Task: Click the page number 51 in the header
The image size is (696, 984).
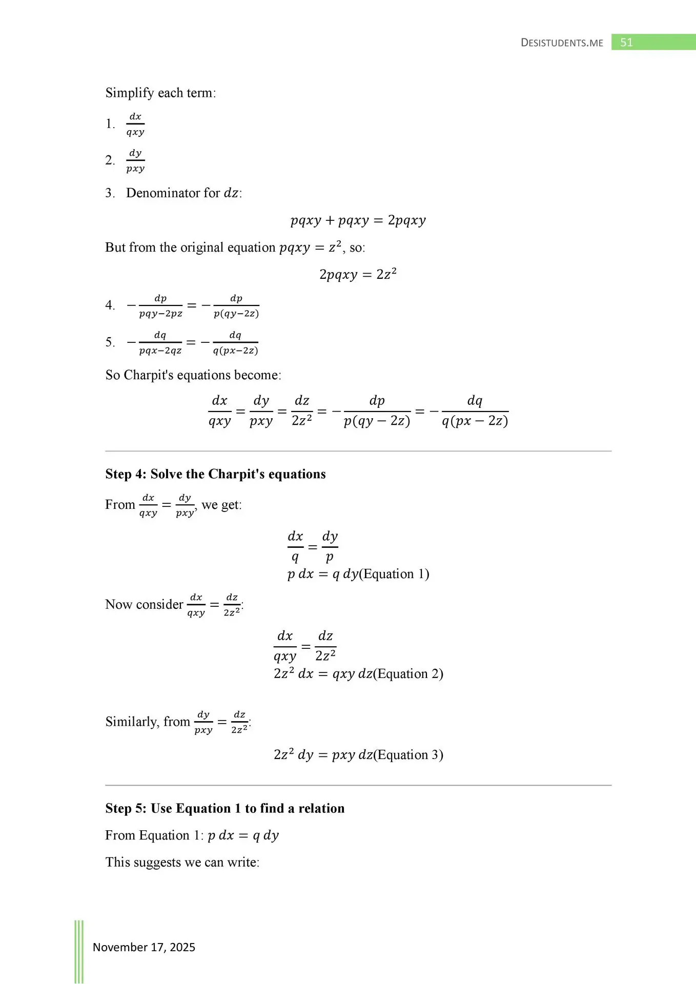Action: click(x=626, y=43)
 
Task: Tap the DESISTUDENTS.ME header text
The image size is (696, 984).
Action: click(x=562, y=43)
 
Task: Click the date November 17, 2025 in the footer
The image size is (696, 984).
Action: click(x=144, y=947)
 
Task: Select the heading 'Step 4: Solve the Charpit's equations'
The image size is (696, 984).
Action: click(x=215, y=474)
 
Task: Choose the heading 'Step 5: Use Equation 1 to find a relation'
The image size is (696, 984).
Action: click(x=224, y=808)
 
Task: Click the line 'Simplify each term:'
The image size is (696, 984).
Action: click(x=160, y=93)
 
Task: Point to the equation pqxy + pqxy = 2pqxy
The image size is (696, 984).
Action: click(x=358, y=220)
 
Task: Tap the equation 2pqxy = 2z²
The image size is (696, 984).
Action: click(x=358, y=274)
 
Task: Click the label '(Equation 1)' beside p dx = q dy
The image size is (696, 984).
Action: click(x=394, y=574)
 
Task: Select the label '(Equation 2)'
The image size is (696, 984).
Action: click(x=408, y=673)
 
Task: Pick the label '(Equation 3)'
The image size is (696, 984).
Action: click(x=408, y=755)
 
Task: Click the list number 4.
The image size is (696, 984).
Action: click(x=110, y=305)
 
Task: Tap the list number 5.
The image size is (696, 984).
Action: click(x=110, y=342)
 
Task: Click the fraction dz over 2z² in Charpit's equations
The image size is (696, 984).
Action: click(x=302, y=411)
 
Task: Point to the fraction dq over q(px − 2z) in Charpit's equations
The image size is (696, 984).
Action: click(x=475, y=411)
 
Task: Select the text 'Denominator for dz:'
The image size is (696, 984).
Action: click(x=184, y=193)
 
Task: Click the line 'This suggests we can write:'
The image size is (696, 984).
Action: click(x=182, y=862)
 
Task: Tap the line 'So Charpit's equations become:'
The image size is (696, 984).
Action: click(x=193, y=375)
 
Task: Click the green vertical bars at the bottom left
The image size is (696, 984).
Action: click(x=79, y=951)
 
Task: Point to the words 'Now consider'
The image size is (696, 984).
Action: click(x=144, y=605)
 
